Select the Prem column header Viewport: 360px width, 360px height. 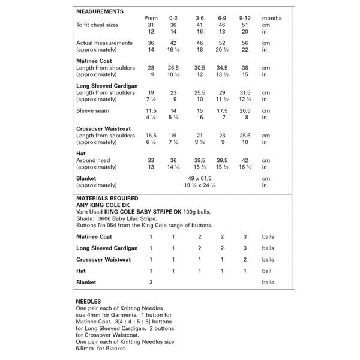tap(151, 19)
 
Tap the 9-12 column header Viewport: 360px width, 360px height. tap(244, 19)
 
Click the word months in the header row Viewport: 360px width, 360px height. tap(272, 19)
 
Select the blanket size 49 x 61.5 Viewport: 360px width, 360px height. tap(197, 179)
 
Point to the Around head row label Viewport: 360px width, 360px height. tap(94, 160)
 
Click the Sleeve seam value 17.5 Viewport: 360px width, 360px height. tap(222, 111)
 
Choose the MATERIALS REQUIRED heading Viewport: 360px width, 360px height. tap(107, 198)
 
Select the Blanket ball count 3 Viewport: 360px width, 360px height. tap(151, 282)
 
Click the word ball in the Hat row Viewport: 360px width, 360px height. tap(266, 271)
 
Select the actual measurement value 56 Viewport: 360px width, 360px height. tap(244, 43)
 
